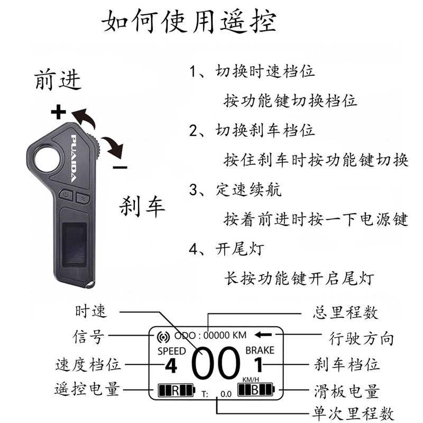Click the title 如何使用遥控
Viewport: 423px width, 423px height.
(188, 22)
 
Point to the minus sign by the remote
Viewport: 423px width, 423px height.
(120, 167)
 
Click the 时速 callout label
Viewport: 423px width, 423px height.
(91, 311)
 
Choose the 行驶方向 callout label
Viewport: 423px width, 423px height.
(361, 337)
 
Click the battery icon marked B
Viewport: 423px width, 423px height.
(256, 391)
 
